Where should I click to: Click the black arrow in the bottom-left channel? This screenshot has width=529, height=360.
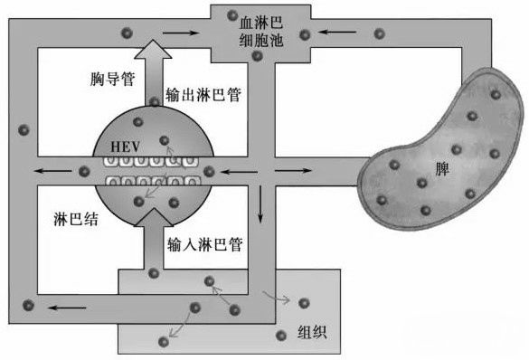tap(61, 308)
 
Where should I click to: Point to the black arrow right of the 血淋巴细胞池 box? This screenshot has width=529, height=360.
tap(342, 34)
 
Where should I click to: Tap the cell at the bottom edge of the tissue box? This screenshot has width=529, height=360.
tap(164, 341)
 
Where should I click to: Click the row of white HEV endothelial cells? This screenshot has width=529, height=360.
tap(150, 170)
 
